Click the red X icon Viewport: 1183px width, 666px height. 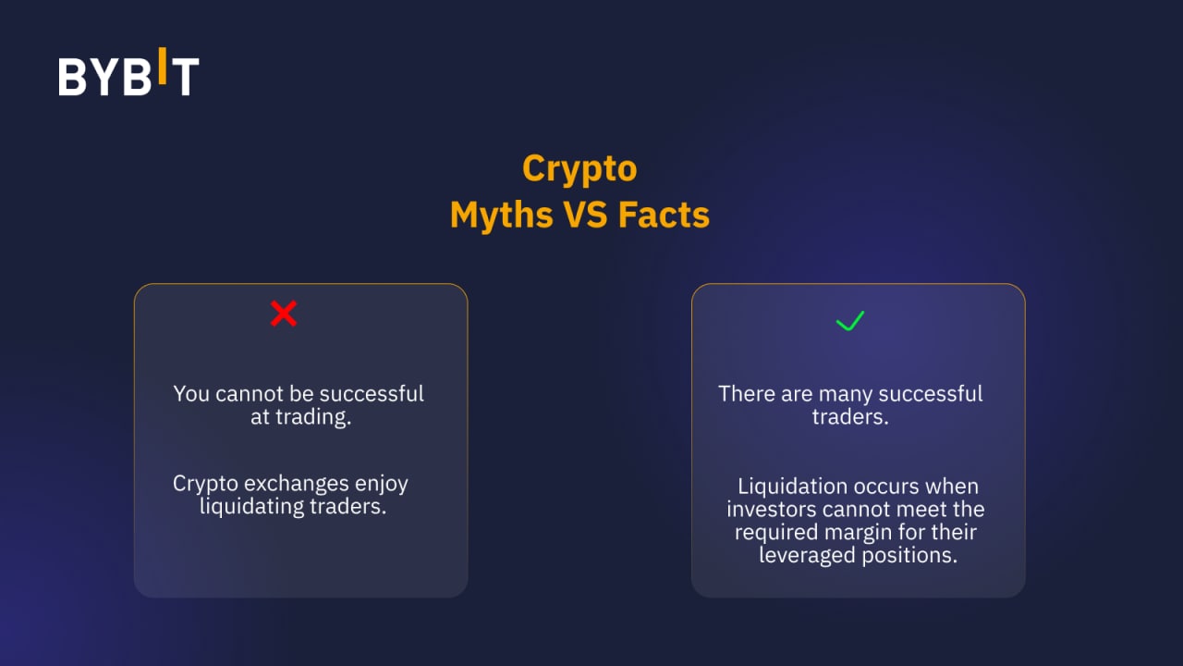(x=284, y=314)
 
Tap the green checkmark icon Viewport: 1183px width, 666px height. (x=849, y=321)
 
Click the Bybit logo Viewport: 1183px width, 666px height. (x=128, y=72)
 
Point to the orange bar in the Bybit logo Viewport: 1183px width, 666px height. (x=163, y=66)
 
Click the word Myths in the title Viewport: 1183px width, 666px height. (x=501, y=216)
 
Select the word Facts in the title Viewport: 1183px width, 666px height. (x=664, y=215)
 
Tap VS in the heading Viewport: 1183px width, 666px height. (x=585, y=215)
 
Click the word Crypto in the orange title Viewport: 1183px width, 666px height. (x=579, y=169)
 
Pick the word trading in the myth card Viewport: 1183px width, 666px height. (x=311, y=416)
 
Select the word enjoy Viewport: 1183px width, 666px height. (x=382, y=485)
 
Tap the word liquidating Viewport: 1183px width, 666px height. (x=251, y=507)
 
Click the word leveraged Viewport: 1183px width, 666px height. (x=808, y=556)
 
